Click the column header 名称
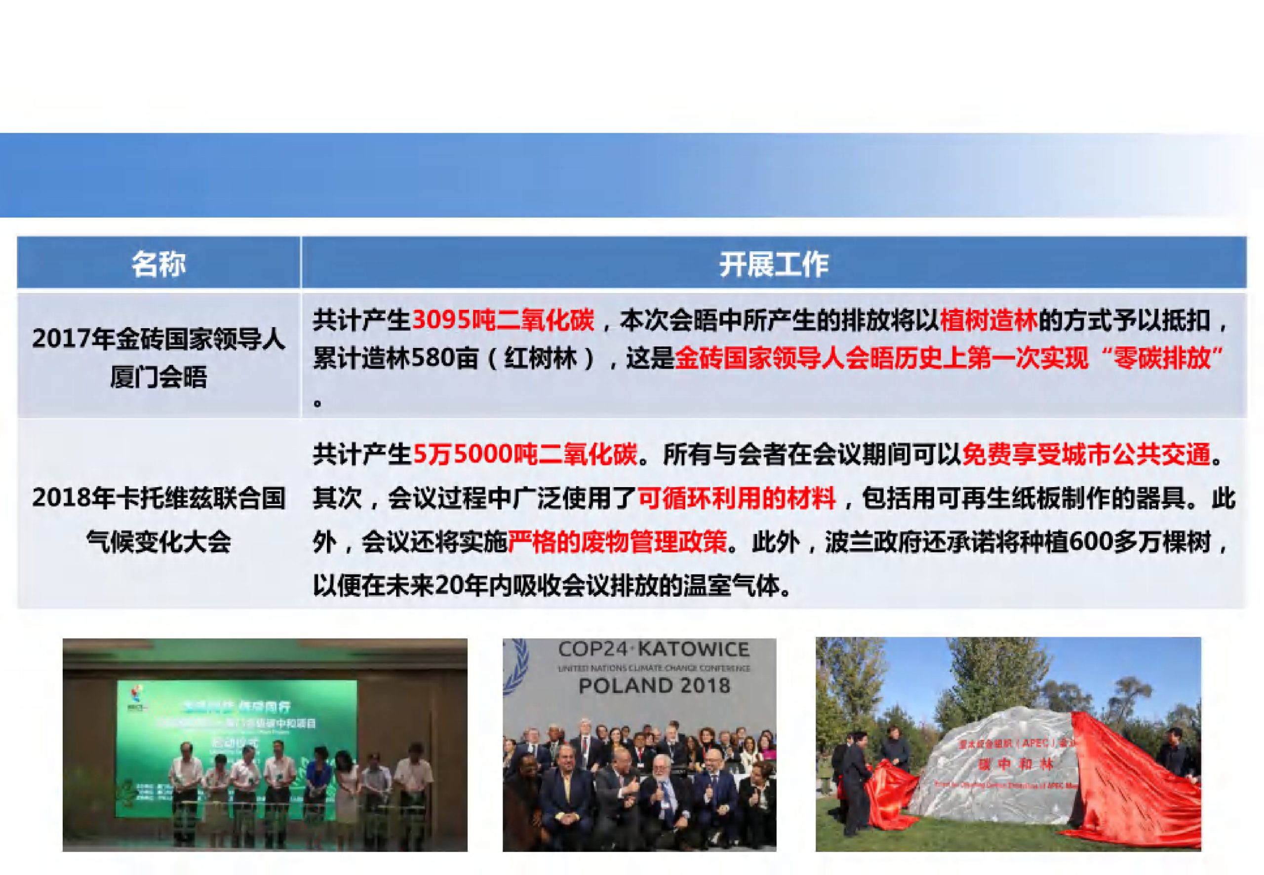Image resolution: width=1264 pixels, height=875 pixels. pyautogui.click(x=158, y=264)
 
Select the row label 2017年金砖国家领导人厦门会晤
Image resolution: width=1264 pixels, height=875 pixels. pyautogui.click(x=158, y=357)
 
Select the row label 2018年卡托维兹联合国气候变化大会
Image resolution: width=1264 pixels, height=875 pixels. pyautogui.click(x=158, y=519)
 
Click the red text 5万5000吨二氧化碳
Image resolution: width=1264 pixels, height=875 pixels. pyautogui.click(x=525, y=455)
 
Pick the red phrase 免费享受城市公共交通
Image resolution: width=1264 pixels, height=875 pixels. pyautogui.click(x=1086, y=455)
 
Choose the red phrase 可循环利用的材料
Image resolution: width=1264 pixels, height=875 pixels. pyautogui.click(x=737, y=498)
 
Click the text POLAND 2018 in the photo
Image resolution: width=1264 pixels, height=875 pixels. pyautogui.click(x=654, y=685)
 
